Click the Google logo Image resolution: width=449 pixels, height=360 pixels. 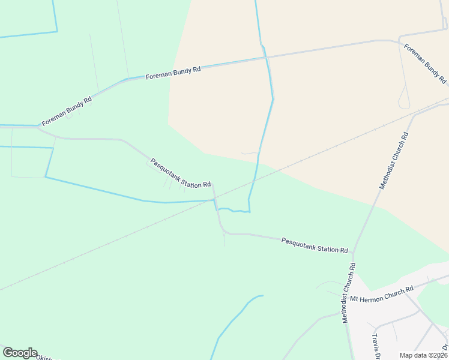pos(19,353)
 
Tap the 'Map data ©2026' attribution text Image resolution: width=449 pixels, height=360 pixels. pos(424,355)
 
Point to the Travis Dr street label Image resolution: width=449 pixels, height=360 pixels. pos(377,346)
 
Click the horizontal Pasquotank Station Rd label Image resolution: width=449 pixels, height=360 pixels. pos(315,245)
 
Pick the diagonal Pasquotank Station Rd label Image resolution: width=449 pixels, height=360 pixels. pos(180,173)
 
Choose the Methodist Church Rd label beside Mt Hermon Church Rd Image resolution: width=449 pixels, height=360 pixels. pos(349,293)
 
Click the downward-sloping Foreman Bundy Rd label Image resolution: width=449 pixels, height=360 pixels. pos(425,63)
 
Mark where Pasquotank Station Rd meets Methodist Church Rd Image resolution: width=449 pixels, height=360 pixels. pos(354,253)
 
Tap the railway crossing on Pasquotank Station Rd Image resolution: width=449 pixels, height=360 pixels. pos(215,197)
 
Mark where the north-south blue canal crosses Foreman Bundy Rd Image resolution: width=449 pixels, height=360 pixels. pos(265,58)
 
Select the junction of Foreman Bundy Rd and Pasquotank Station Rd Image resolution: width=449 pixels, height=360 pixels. pos(38,127)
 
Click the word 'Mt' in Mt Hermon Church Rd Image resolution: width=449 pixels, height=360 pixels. pos(354,298)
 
